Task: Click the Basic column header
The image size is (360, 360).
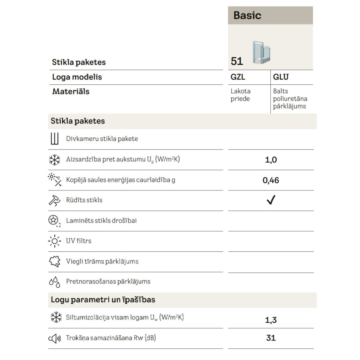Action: pos(247,15)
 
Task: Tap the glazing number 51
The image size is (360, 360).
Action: pos(237,61)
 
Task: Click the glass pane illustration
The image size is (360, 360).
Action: pos(261,52)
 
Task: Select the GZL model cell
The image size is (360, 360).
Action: pos(238,77)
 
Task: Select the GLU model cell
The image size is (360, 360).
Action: pos(280,77)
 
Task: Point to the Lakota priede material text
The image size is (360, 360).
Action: pos(241,95)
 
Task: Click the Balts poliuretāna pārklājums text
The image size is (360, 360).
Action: pos(290,99)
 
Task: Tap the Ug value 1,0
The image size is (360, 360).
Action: pos(271,160)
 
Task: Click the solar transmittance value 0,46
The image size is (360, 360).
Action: pos(271,180)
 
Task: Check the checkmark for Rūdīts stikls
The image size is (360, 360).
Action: pos(271,200)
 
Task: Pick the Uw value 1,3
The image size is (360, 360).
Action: pos(271,320)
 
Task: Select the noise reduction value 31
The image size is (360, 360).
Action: pos(271,338)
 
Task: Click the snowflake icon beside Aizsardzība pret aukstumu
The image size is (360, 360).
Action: pos(55,160)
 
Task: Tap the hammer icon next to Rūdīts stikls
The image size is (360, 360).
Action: pos(54,200)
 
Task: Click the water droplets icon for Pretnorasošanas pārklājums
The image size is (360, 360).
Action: pos(55,282)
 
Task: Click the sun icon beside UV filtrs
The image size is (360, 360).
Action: pos(55,241)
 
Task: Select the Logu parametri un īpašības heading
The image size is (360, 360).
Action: pos(103,300)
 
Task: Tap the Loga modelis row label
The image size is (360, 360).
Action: pos(77,77)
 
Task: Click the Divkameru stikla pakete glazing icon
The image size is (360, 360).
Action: pos(54,139)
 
